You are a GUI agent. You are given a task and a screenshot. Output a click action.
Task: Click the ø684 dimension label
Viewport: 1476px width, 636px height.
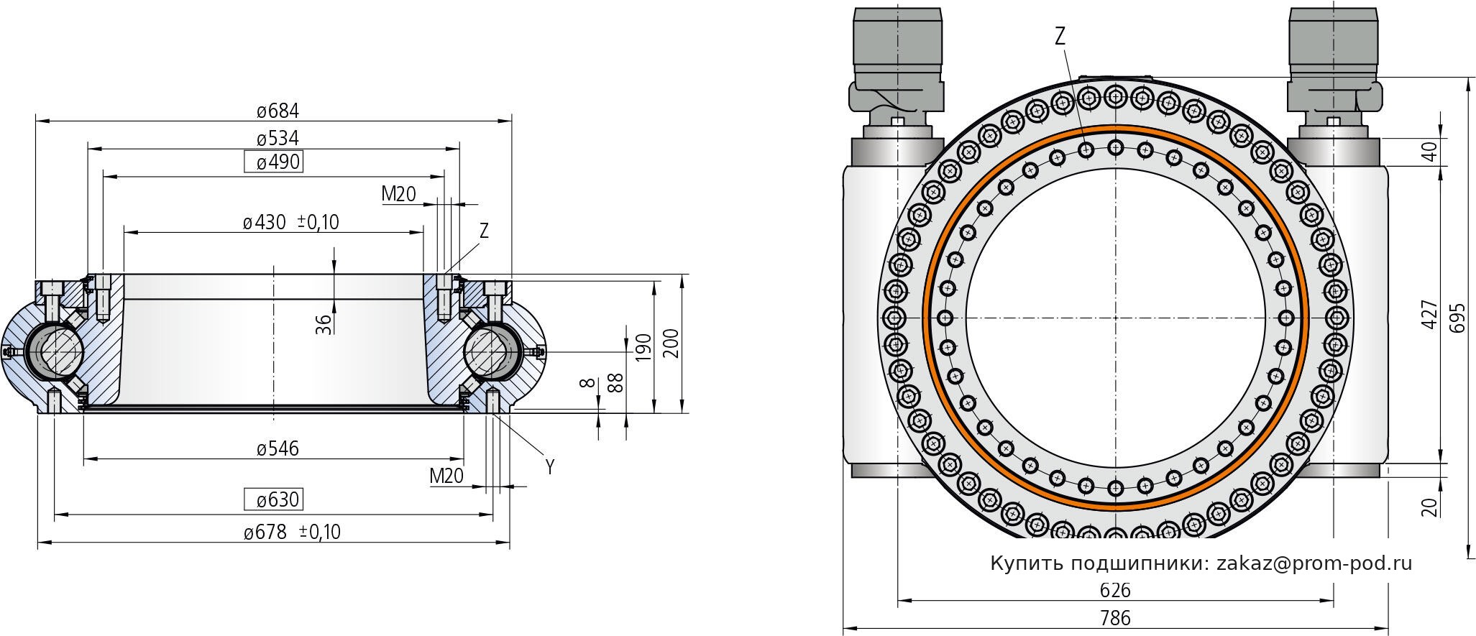278,111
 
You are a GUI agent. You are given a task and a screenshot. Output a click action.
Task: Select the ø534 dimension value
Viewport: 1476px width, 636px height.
278,138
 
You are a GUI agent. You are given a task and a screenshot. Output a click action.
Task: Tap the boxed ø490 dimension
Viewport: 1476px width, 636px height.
274,162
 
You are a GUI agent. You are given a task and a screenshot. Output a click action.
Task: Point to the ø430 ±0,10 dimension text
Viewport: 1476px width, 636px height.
290,223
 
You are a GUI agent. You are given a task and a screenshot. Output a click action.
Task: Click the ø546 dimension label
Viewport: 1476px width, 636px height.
278,449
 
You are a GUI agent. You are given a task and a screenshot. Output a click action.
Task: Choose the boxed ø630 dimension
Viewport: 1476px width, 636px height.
274,499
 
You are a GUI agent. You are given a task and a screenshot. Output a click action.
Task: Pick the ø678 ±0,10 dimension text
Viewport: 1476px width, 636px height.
291,533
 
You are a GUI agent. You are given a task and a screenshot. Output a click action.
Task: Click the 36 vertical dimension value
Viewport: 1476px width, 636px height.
324,325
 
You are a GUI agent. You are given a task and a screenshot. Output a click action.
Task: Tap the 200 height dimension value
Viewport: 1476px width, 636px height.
670,344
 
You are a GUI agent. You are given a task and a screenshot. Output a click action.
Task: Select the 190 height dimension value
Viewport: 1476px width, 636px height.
643,348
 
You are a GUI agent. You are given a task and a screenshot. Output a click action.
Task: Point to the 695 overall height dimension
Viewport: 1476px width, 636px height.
1456,316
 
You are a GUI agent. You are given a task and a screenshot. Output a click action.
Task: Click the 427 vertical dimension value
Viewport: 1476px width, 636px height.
1429,315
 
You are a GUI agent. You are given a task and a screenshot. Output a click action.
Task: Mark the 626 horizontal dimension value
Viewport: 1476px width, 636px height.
1115,591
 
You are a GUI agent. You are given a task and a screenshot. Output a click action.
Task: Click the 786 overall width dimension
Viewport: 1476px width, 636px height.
1115,618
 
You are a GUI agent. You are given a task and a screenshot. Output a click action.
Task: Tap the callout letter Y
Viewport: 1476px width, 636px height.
550,467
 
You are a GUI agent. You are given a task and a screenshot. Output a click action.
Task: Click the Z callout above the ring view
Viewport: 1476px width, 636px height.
1060,37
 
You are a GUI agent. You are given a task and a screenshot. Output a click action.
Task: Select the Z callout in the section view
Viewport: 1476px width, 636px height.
484,231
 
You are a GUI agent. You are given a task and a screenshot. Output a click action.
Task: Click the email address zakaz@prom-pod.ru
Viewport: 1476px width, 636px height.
1314,563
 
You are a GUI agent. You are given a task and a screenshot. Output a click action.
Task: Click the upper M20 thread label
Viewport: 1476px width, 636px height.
398,194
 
